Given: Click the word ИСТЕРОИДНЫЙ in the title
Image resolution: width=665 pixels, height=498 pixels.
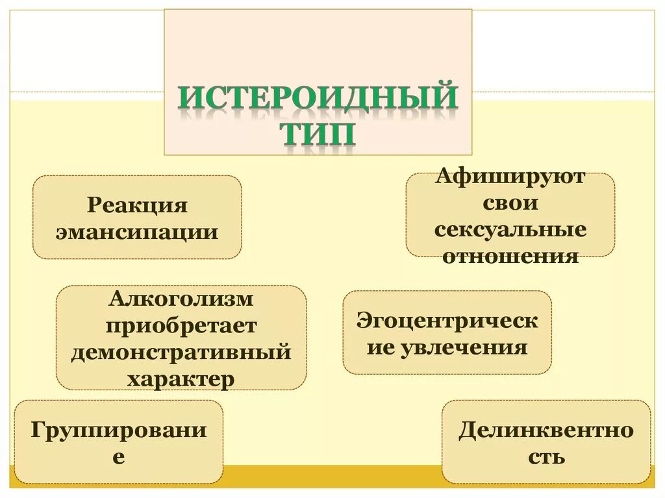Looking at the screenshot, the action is [x=318, y=99].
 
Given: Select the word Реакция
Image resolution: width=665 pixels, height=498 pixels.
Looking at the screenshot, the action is [x=137, y=206].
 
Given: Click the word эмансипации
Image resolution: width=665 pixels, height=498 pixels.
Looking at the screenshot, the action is [x=137, y=231].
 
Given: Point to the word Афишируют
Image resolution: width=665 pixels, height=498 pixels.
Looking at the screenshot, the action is [x=510, y=177].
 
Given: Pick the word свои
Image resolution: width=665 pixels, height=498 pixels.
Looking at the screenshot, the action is [x=510, y=203].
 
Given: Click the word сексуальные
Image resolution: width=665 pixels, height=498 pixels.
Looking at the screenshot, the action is [x=510, y=229].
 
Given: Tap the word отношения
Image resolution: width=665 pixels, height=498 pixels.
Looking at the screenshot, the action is [x=510, y=255].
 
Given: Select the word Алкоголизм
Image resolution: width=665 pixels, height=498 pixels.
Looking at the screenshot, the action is [x=181, y=299].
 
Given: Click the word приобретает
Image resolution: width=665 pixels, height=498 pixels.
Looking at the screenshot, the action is [x=181, y=325].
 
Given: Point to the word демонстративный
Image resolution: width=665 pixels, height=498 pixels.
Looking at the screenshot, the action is [x=181, y=352].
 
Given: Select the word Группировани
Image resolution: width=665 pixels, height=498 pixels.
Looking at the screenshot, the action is [x=119, y=430].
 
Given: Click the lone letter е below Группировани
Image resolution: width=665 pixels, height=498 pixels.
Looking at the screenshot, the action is [x=119, y=456].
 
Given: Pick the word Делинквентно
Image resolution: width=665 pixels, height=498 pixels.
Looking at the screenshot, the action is [x=546, y=430].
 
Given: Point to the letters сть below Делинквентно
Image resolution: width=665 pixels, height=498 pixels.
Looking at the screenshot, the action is [x=546, y=456].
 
